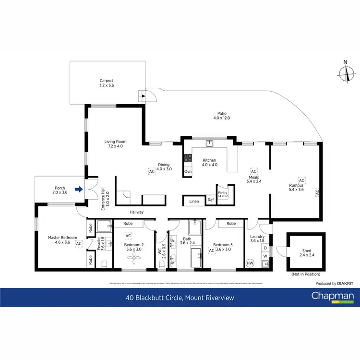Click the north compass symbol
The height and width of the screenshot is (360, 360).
(345, 72)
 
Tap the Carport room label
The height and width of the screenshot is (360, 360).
(107, 80)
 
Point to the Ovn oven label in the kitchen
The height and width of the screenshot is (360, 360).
(188, 172)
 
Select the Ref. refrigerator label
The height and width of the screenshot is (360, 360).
(211, 201)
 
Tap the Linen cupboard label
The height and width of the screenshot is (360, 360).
(194, 201)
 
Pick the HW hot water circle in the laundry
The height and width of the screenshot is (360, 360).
(250, 264)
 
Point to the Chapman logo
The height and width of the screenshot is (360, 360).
(333, 297)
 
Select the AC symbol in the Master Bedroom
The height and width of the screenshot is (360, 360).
(79, 244)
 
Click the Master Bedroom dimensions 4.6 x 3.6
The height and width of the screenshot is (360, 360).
(60, 243)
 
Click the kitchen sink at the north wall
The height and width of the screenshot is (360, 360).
(209, 143)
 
